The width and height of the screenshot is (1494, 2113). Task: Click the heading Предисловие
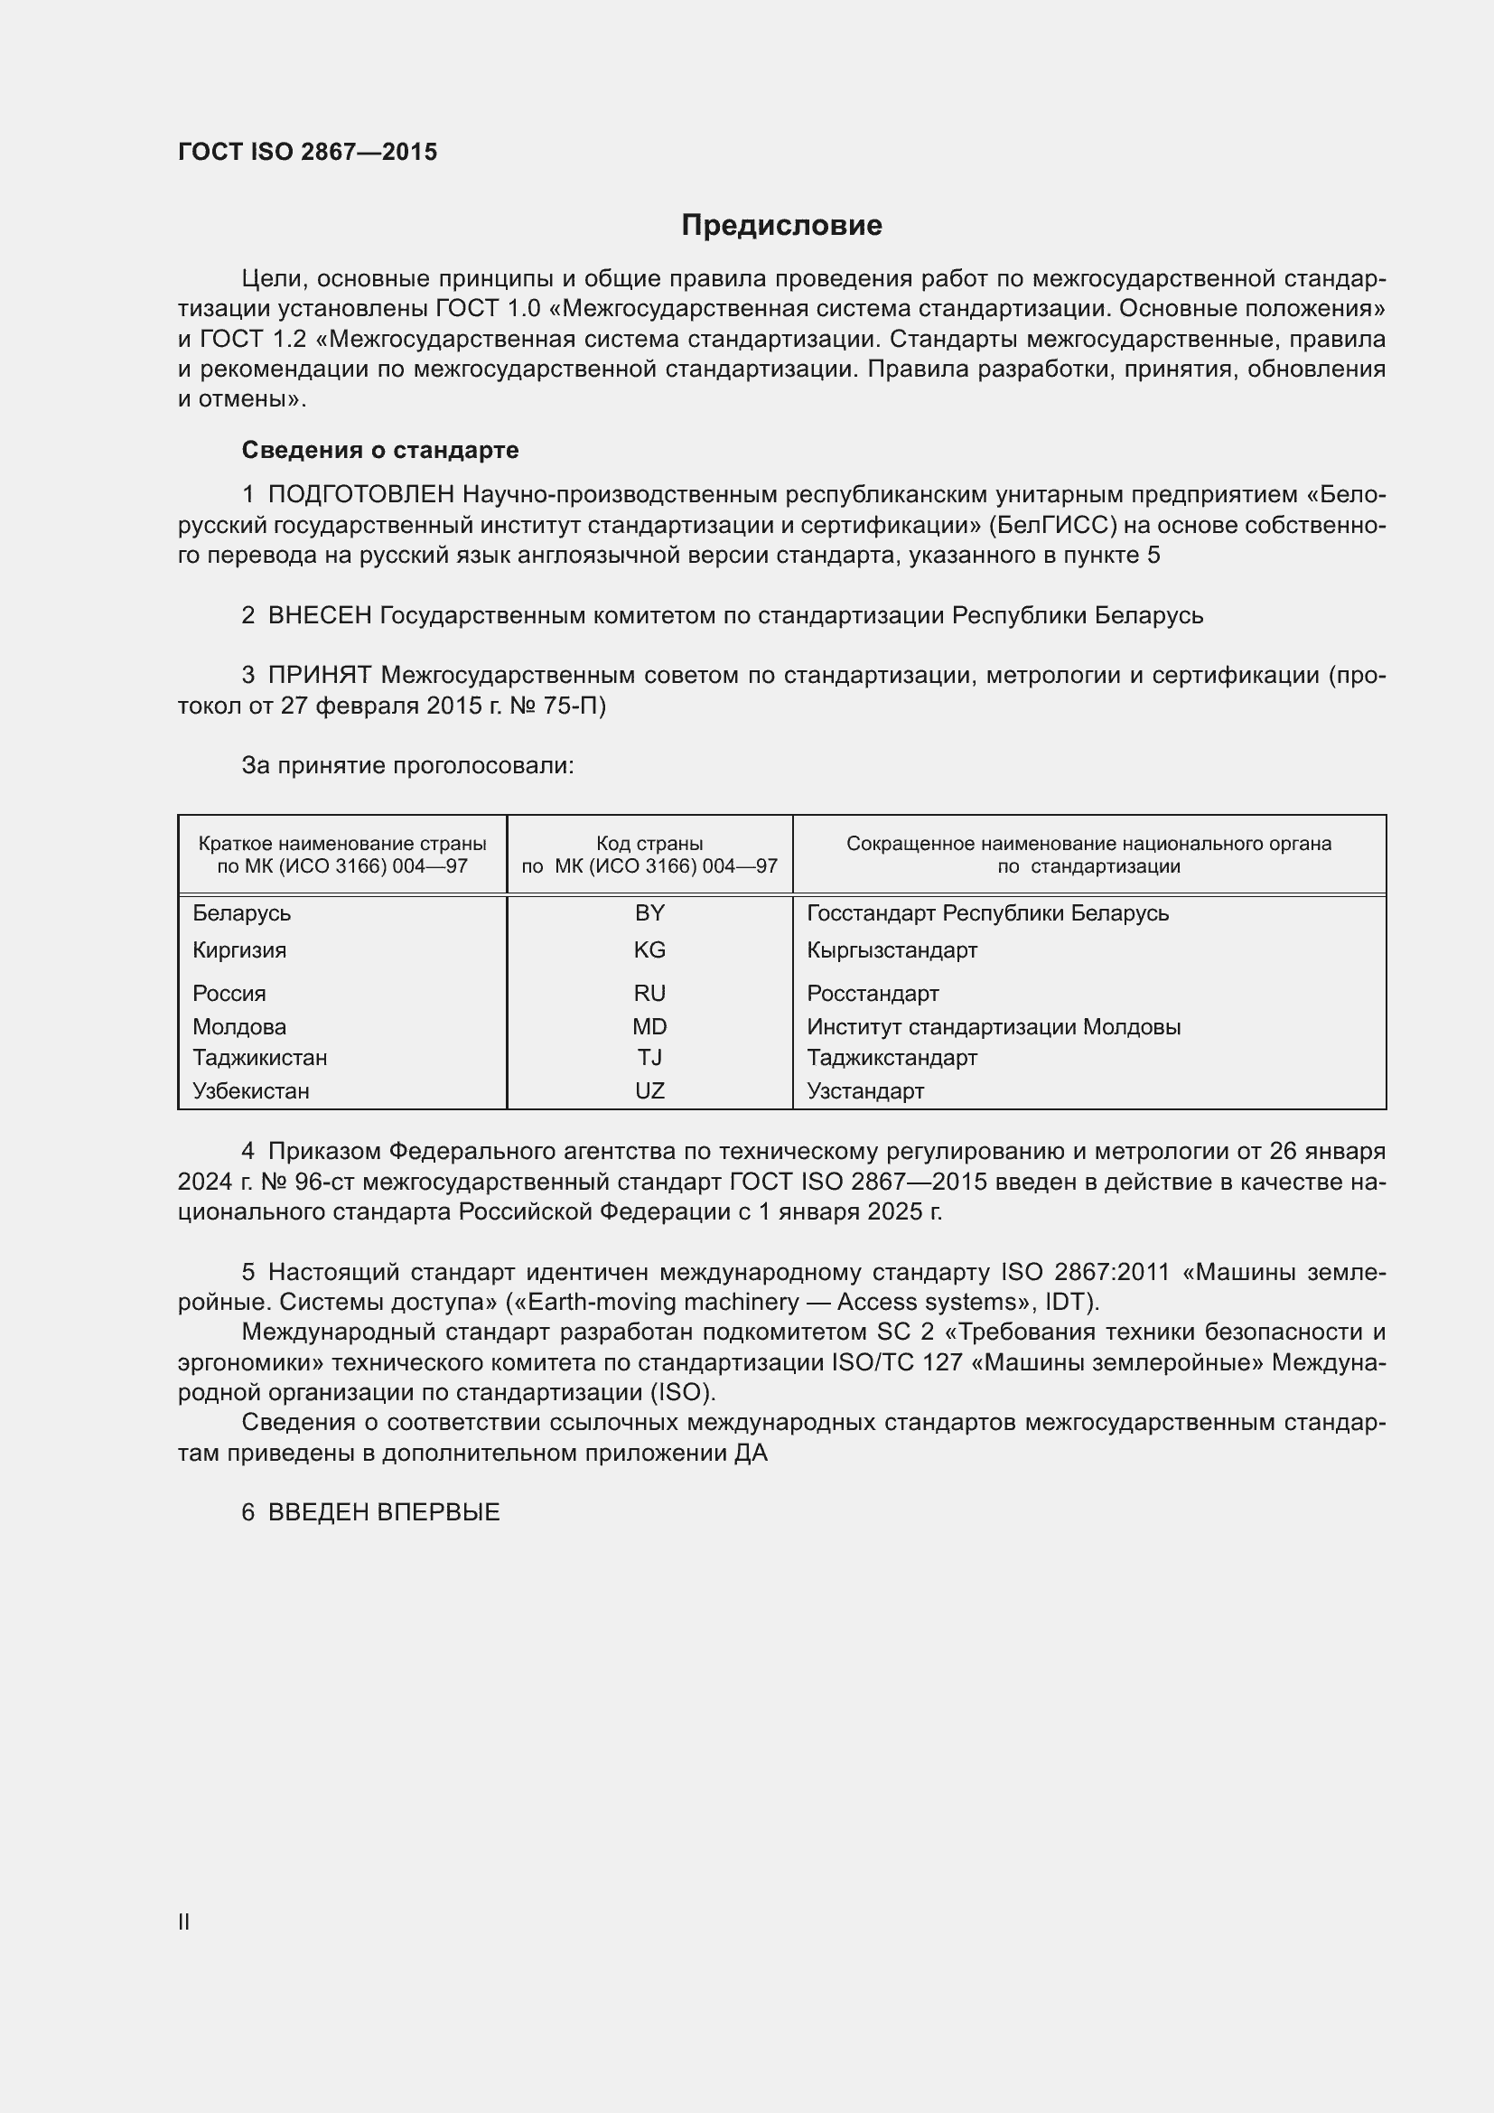click(781, 226)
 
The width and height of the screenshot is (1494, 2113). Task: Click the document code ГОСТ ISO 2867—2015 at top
click(307, 152)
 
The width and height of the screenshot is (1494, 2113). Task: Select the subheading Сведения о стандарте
click(380, 450)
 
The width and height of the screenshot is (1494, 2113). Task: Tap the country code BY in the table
click(649, 913)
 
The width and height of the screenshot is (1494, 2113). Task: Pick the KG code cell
click(649, 949)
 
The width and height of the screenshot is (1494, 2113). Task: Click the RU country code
click(649, 993)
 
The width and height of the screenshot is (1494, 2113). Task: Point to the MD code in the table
click(649, 1026)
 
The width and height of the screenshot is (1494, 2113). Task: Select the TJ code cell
click(649, 1058)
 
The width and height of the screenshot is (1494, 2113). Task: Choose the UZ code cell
click(649, 1090)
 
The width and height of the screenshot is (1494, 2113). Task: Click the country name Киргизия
click(239, 949)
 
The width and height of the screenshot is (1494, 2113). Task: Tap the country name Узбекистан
click(250, 1090)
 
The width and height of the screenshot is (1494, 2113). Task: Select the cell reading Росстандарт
click(873, 993)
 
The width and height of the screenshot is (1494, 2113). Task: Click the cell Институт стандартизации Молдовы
click(994, 1026)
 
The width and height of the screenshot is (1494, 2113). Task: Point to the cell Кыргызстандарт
click(892, 949)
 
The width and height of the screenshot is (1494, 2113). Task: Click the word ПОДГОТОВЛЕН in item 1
click(360, 495)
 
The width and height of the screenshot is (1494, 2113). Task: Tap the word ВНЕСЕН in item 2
click(319, 616)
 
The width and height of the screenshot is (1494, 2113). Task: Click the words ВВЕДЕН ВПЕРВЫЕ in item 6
click(384, 1512)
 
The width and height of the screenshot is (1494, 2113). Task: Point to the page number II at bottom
click(184, 1921)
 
